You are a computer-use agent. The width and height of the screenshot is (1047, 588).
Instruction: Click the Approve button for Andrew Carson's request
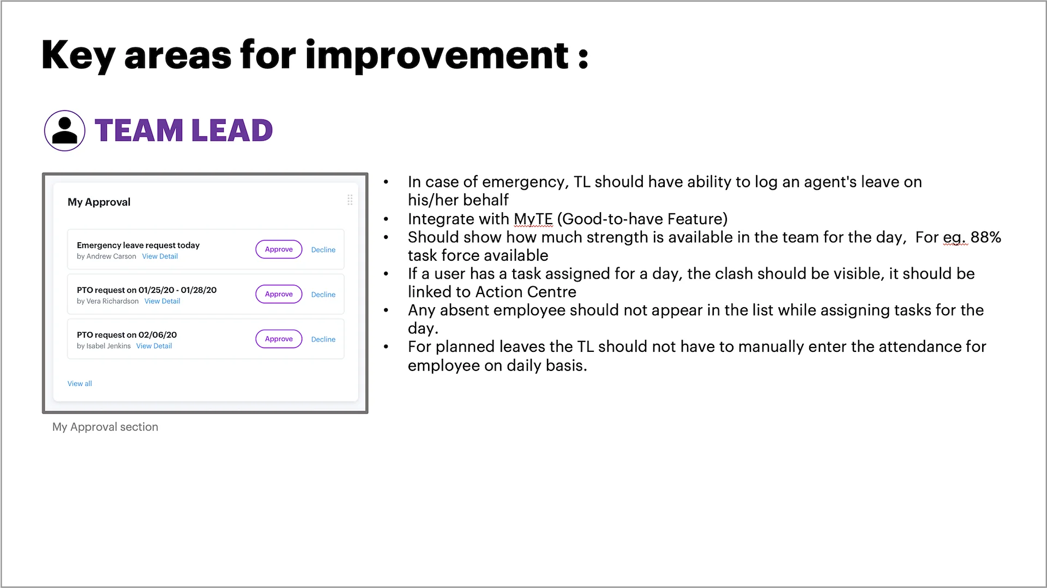(x=279, y=249)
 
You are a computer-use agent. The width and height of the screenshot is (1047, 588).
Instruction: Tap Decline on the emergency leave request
(x=323, y=250)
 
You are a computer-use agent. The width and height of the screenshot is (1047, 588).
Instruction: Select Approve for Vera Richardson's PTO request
(x=279, y=294)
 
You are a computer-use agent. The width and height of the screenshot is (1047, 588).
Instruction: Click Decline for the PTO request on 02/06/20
(x=323, y=339)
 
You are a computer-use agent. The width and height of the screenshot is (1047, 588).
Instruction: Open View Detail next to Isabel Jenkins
(x=154, y=346)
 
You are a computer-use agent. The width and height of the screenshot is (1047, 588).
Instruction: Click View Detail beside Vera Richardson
(x=162, y=301)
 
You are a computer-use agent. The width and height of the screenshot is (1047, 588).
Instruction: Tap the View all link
(x=80, y=383)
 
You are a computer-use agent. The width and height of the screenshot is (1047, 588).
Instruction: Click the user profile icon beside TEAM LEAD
(x=64, y=130)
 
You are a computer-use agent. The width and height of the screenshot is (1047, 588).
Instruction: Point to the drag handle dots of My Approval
(x=350, y=200)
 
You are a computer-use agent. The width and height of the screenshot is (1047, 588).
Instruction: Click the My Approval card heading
(x=99, y=202)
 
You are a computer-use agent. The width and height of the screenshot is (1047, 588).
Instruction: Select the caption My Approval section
(x=105, y=427)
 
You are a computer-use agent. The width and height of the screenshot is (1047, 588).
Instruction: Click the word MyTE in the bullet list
(x=533, y=219)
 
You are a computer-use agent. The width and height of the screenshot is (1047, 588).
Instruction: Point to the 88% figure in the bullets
(x=986, y=237)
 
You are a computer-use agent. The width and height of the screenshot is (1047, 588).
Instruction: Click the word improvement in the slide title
(x=437, y=55)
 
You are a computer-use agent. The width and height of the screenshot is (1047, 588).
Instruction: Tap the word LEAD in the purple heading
(x=232, y=131)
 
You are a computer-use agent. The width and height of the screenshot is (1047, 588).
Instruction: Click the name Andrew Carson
(x=111, y=256)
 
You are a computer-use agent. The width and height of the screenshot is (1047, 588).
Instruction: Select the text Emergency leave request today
(x=138, y=245)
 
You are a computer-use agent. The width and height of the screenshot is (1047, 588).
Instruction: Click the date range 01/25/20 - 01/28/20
(x=177, y=290)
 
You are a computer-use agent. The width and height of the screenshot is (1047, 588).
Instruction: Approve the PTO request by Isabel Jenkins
(x=279, y=339)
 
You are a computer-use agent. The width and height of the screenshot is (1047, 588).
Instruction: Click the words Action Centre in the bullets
(x=526, y=292)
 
